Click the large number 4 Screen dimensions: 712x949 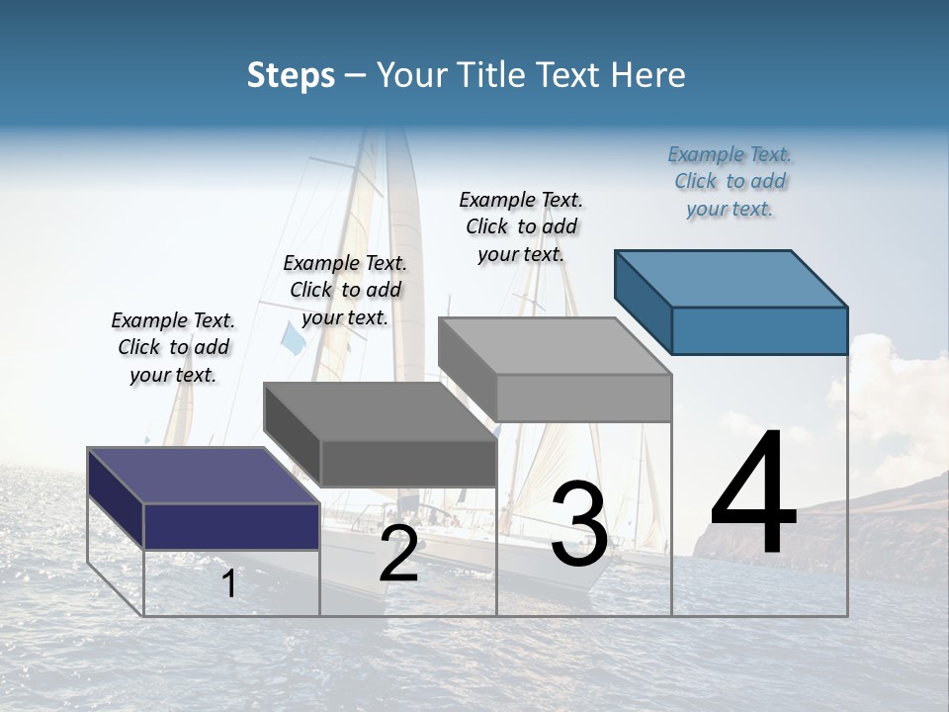pyautogui.click(x=753, y=493)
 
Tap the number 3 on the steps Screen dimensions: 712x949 pyautogui.click(x=579, y=523)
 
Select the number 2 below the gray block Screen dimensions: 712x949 pyautogui.click(x=398, y=554)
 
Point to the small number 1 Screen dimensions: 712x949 pyautogui.click(x=229, y=583)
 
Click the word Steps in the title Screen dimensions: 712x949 pyautogui.click(x=291, y=75)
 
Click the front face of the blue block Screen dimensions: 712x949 pyautogui.click(x=759, y=330)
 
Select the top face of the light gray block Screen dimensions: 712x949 pyautogui.click(x=554, y=346)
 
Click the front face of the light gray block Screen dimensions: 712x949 pyautogui.click(x=583, y=398)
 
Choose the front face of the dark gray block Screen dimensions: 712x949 pyautogui.click(x=408, y=463)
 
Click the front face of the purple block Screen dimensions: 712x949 pyautogui.click(x=231, y=526)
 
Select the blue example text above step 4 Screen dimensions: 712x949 pyautogui.click(x=730, y=181)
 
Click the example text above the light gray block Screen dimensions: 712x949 pyautogui.click(x=521, y=226)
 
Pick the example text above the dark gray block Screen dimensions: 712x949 pyautogui.click(x=345, y=290)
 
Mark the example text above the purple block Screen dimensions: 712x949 pyautogui.click(x=173, y=347)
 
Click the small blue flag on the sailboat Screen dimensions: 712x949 pyautogui.click(x=293, y=338)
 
